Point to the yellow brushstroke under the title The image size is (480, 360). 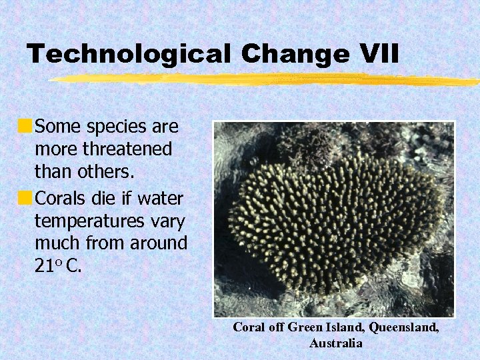tap(267, 79)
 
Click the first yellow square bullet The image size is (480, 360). tap(25, 125)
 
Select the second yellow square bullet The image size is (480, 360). tap(25, 198)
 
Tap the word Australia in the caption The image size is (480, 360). tap(335, 343)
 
